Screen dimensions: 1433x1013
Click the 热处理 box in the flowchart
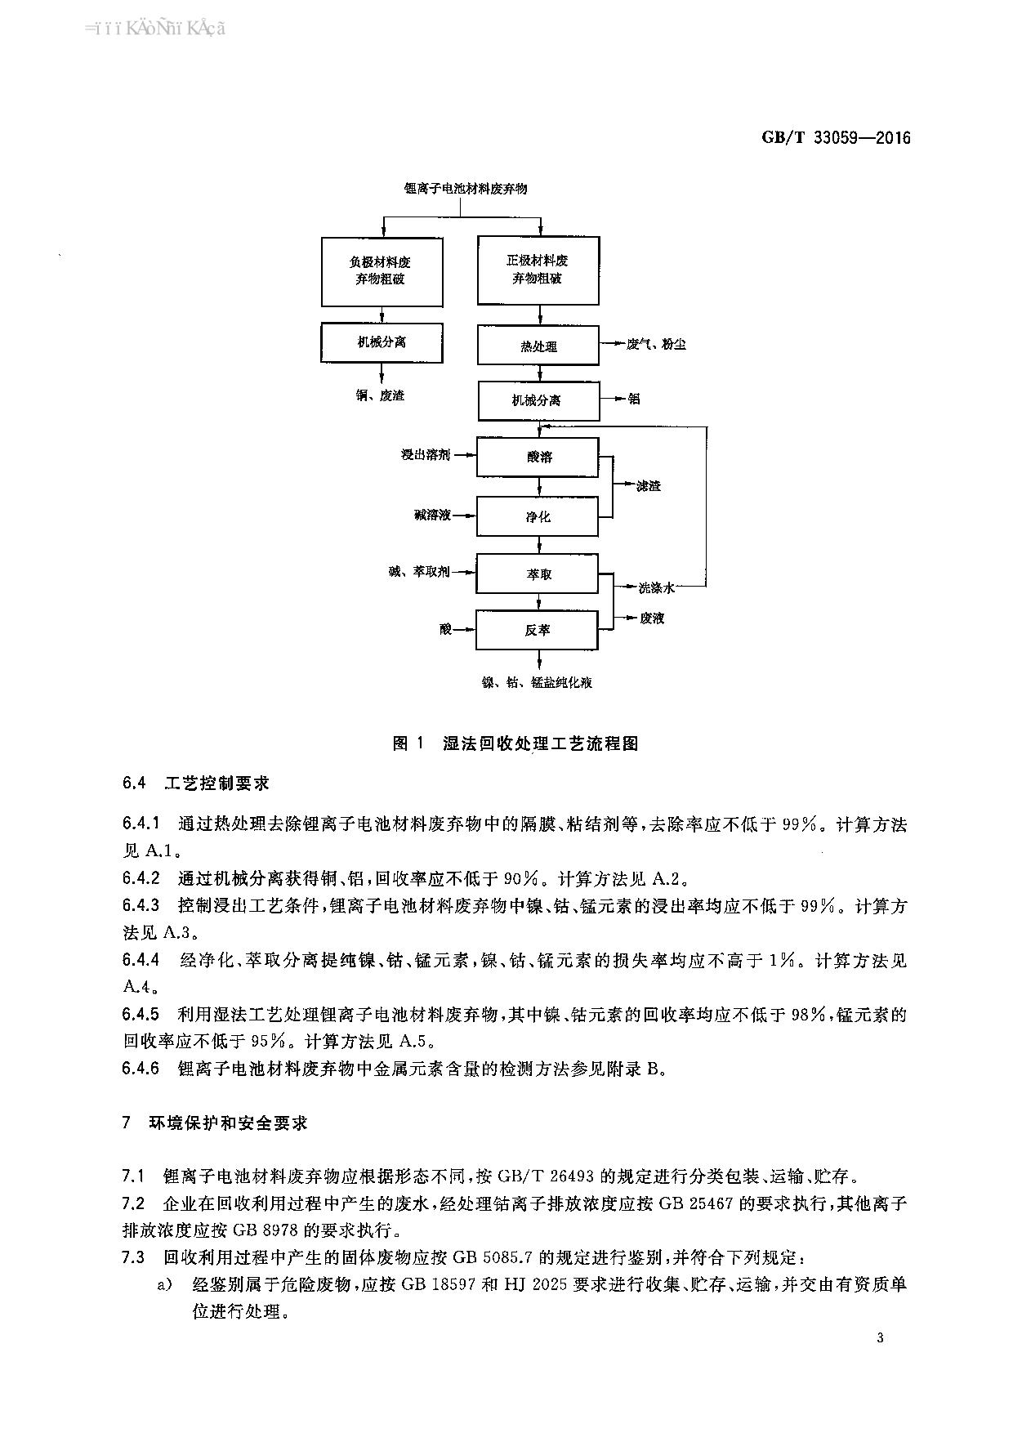538,346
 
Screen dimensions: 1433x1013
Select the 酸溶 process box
538,457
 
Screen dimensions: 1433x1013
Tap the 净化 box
538,516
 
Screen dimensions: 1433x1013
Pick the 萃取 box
538,574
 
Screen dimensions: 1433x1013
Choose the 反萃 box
538,630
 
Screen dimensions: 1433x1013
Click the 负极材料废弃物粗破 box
382,271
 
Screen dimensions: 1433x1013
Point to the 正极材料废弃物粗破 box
538,270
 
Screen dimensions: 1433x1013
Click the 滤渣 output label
649,486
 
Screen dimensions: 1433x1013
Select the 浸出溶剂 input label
425,455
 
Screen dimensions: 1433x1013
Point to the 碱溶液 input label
431,516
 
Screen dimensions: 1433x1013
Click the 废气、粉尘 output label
656,345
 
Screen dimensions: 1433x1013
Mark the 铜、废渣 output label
381,395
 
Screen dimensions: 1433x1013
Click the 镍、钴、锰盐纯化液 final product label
537,682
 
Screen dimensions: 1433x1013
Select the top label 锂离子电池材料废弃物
466,189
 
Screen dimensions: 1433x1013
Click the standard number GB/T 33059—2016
836,137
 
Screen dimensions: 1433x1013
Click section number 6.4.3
141,906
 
